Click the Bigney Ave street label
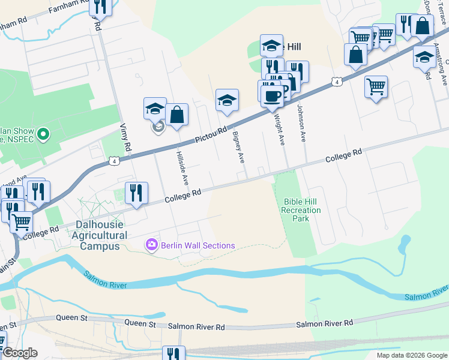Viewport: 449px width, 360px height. (x=238, y=148)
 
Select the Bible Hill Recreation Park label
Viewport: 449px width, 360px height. (x=301, y=210)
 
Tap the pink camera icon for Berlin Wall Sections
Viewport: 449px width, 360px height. (x=151, y=245)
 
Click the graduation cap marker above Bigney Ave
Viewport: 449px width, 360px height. (x=228, y=100)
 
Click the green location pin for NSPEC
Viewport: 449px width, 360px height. (x=43, y=134)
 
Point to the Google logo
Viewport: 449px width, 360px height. (x=19, y=353)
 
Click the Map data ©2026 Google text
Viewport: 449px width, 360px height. (x=411, y=355)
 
